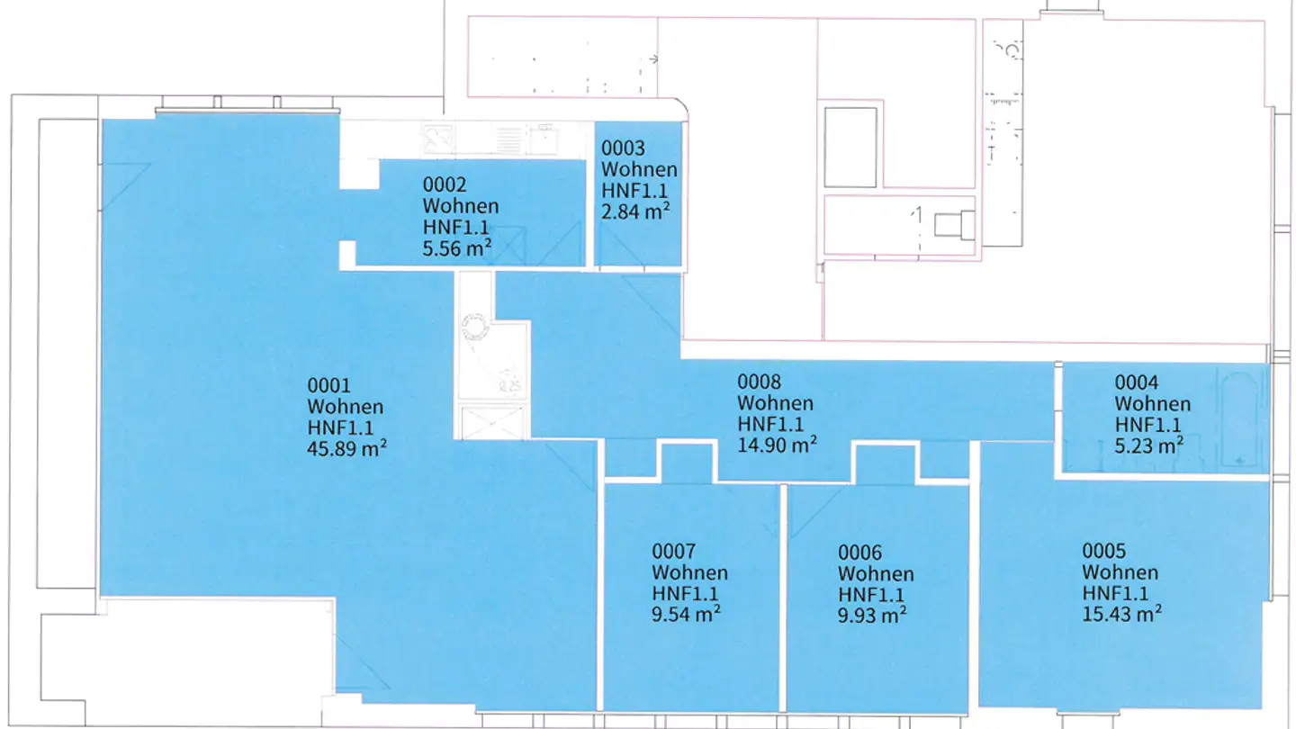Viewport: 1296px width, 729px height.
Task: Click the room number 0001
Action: click(x=328, y=385)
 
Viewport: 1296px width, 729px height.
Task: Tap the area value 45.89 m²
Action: click(x=347, y=448)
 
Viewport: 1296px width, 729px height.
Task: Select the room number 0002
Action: click(x=445, y=184)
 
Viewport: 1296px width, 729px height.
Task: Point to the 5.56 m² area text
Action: click(x=457, y=248)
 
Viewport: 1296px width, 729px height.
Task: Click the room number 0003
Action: click(x=623, y=148)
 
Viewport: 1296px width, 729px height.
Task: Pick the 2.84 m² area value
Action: click(x=635, y=211)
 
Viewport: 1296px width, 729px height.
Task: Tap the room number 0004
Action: click(x=1137, y=382)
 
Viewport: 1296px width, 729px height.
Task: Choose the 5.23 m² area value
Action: click(x=1149, y=445)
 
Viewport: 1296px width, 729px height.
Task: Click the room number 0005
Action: click(x=1104, y=551)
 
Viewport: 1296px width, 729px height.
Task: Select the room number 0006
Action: click(x=860, y=553)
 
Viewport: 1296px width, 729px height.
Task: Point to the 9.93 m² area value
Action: click(x=872, y=615)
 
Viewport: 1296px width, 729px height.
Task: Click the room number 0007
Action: click(x=674, y=552)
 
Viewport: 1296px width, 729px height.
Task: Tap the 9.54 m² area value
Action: click(x=686, y=614)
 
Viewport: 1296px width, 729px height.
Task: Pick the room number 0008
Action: click(x=760, y=382)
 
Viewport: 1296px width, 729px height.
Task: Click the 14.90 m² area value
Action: click(x=778, y=445)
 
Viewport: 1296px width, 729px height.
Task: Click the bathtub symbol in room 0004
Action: click(x=1239, y=419)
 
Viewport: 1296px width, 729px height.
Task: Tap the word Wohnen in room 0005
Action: click(x=1120, y=572)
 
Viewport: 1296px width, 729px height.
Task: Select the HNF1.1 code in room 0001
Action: click(x=341, y=428)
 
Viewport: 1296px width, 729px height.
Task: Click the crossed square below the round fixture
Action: click(x=492, y=422)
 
